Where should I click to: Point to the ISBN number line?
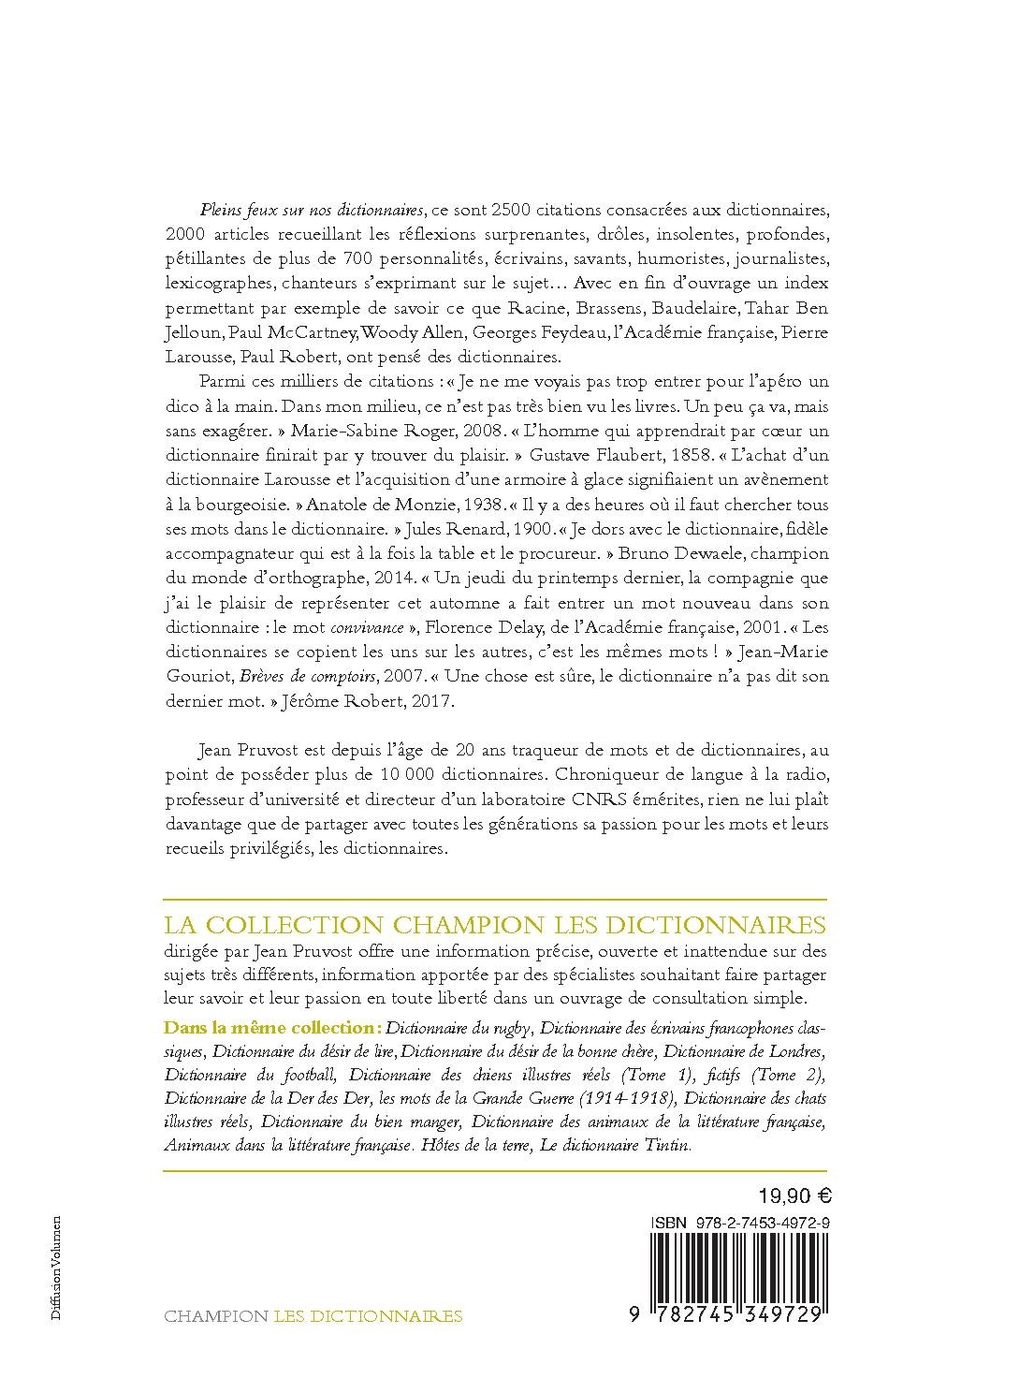point(739,1224)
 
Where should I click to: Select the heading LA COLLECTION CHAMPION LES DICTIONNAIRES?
point(495,926)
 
